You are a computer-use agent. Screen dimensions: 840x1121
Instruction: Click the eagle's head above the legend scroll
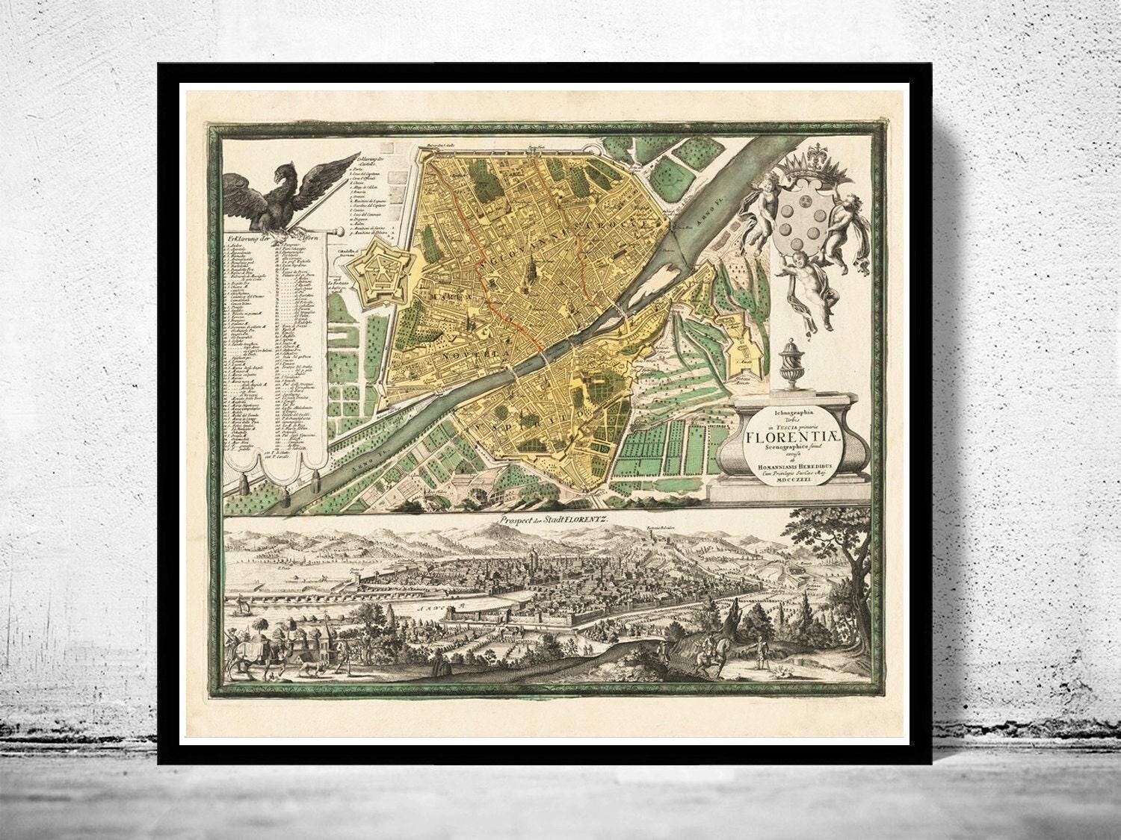282,178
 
